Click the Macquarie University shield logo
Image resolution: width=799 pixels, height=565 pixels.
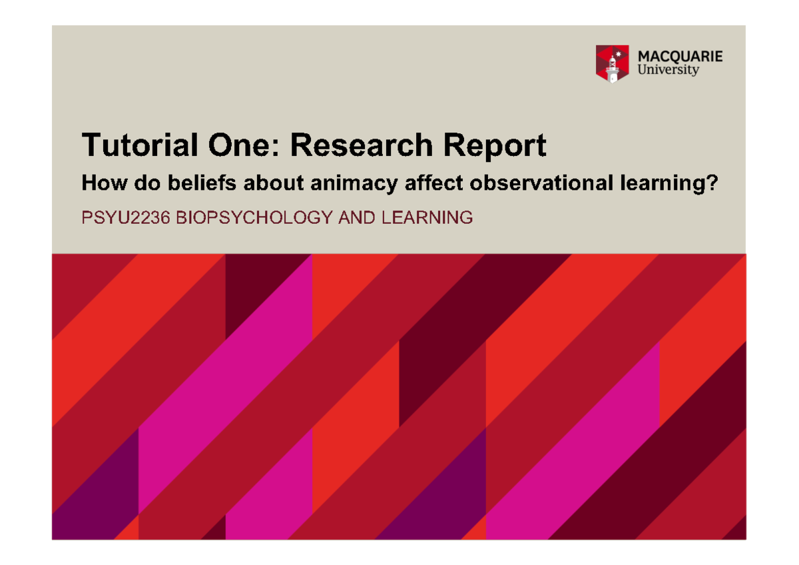point(612,64)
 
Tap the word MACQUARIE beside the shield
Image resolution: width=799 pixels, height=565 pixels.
point(680,57)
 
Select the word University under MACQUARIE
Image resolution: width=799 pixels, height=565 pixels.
point(668,70)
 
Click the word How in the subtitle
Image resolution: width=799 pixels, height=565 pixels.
point(97,183)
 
